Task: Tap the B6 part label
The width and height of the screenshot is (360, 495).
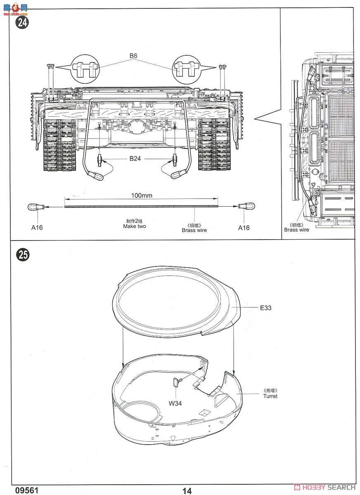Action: tap(133, 55)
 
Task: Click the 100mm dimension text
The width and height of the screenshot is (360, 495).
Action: tap(142, 196)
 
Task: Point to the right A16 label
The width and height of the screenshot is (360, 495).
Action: tap(244, 227)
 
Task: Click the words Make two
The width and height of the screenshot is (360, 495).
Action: tap(134, 226)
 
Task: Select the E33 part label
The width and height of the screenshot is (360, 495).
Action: tap(266, 307)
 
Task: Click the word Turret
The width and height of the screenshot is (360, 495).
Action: tap(270, 396)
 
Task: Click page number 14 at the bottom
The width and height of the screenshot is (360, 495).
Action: tap(187, 490)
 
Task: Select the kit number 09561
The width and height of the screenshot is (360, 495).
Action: tap(27, 490)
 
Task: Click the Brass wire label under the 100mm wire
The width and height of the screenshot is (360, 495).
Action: tap(194, 230)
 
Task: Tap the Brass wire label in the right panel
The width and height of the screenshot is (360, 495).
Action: tap(296, 230)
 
